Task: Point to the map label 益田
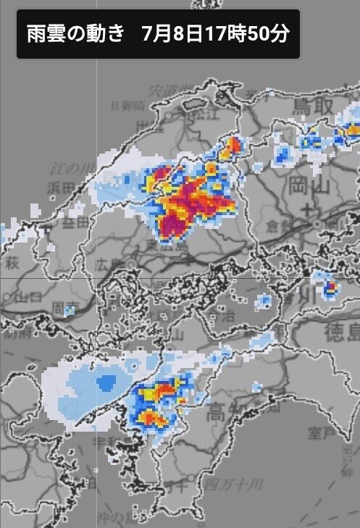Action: click(x=74, y=223)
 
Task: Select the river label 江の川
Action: click(x=70, y=169)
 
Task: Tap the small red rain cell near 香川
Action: click(x=331, y=288)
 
